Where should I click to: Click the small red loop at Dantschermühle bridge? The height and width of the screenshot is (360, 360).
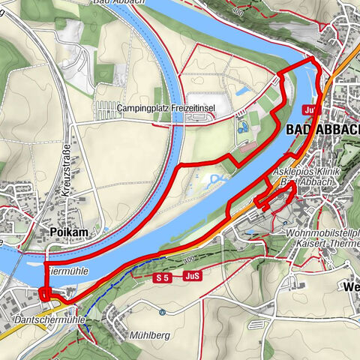(x=44, y=294)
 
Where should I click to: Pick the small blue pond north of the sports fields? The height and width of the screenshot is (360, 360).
(x=244, y=91)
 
